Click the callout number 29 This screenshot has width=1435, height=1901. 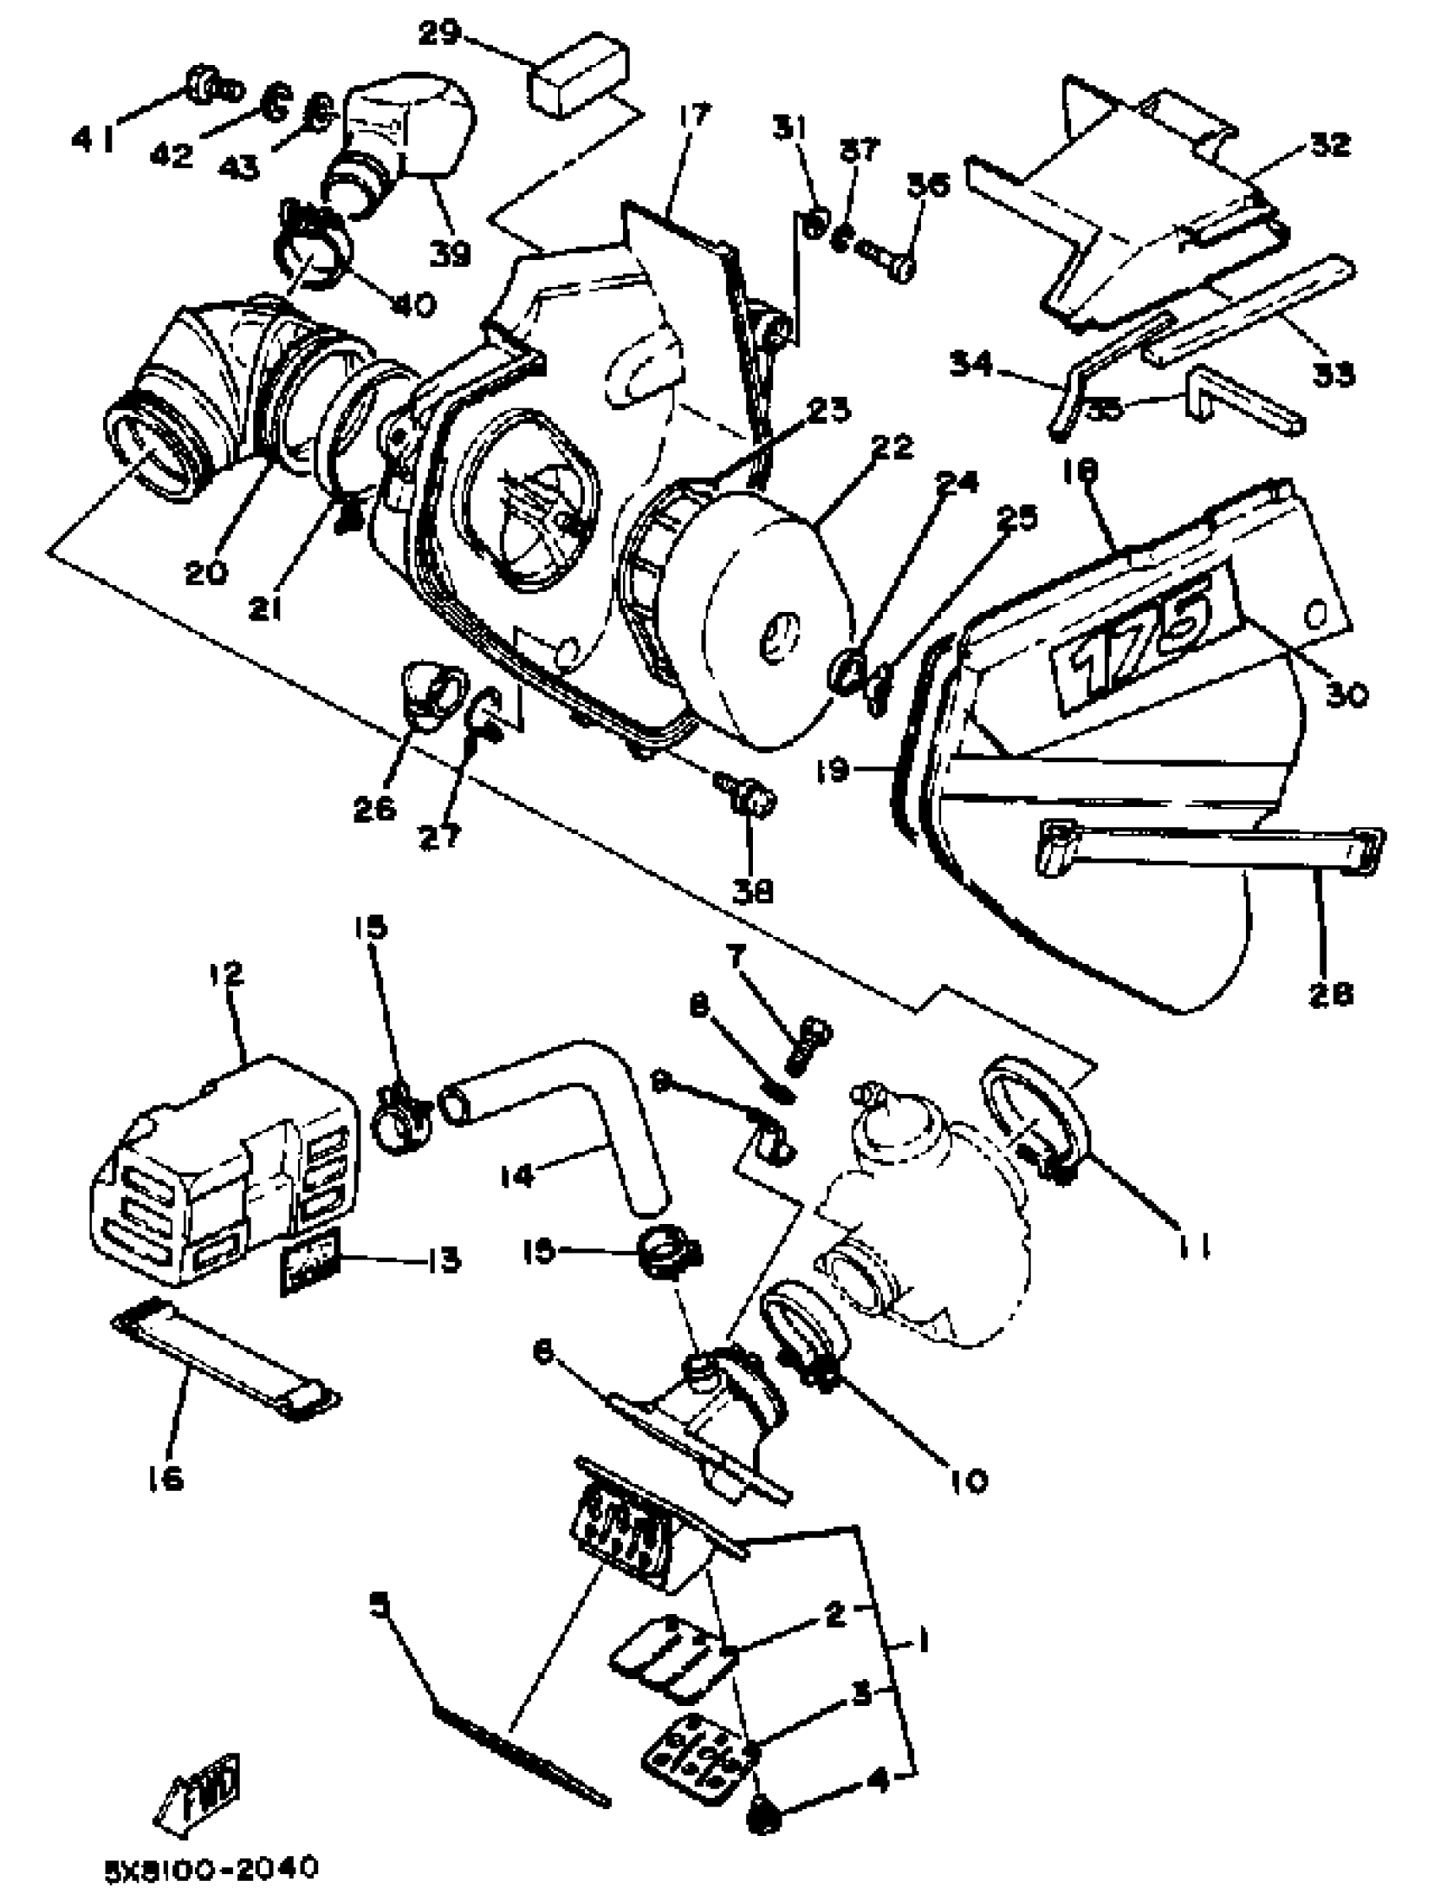point(440,35)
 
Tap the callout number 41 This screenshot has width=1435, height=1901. point(93,137)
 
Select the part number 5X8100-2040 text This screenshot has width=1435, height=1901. point(211,1867)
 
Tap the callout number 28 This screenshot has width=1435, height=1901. point(1329,994)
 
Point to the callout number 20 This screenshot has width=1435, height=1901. point(206,571)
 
